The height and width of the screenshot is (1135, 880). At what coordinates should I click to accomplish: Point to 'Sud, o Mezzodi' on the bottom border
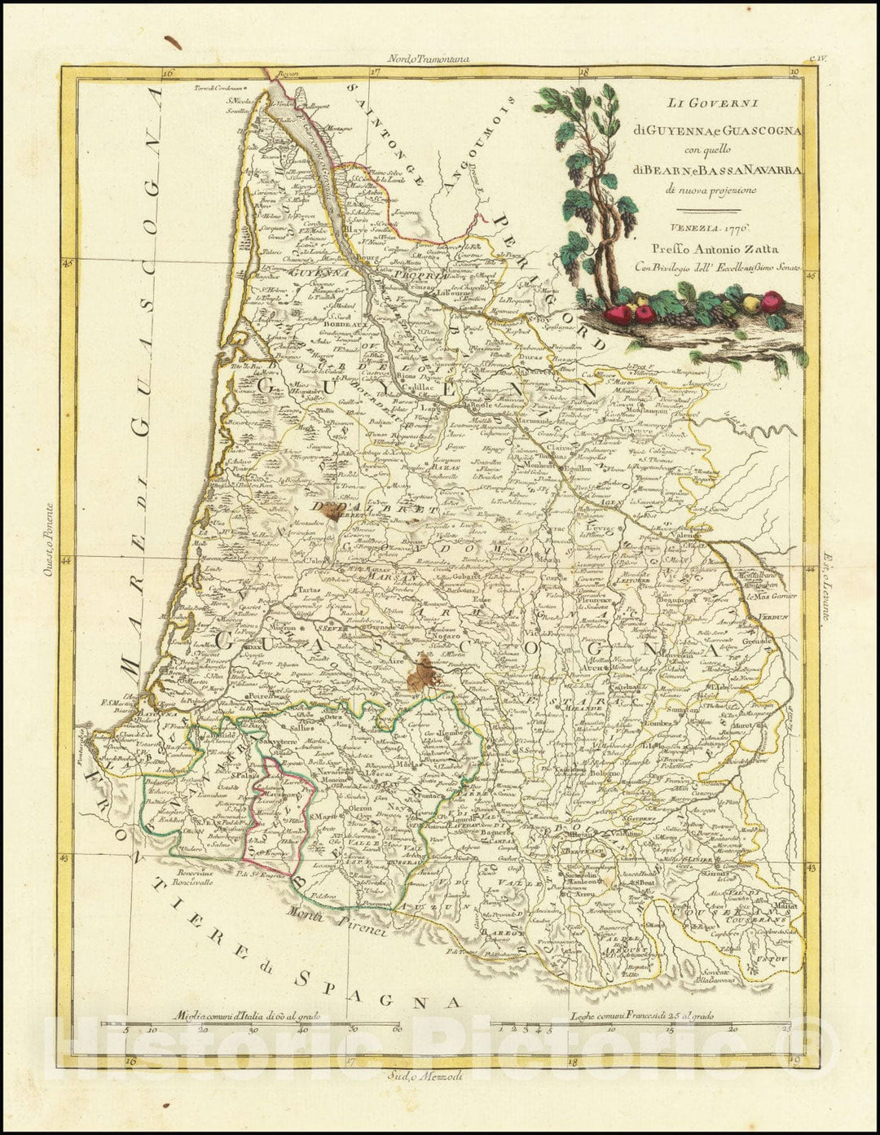pos(424,1076)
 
